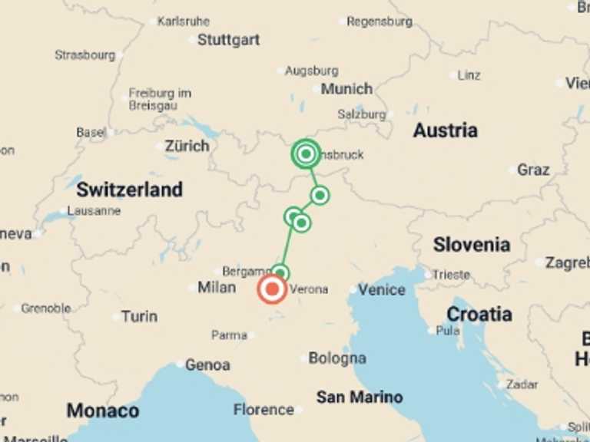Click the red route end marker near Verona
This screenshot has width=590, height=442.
[272, 290]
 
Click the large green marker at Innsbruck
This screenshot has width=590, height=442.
[306, 154]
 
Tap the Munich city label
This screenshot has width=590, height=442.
[346, 89]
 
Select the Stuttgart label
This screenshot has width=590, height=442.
[228, 40]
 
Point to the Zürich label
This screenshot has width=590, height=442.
[187, 146]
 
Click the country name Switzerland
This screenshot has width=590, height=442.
[129, 189]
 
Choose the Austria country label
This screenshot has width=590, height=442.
[445, 130]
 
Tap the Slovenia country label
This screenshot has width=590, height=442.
[471, 245]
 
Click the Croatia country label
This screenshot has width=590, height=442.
[479, 314]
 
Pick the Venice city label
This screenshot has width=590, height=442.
[381, 289]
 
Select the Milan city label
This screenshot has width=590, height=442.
[217, 287]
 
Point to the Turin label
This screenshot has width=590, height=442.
[139, 316]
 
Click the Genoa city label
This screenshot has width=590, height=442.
[207, 365]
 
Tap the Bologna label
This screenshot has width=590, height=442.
[337, 358]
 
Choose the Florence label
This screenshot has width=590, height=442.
[264, 410]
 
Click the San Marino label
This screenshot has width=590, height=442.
[360, 397]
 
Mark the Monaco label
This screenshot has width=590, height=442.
[102, 411]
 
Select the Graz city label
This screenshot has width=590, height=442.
[533, 170]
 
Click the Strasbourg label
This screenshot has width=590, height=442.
[85, 55]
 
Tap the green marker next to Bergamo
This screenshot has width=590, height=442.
[280, 273]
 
